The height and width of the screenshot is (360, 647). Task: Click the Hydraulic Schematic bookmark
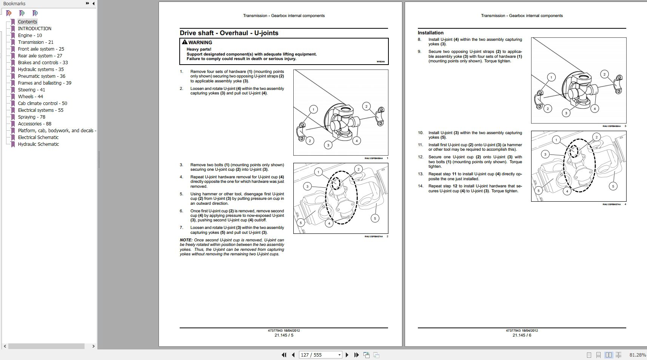click(38, 144)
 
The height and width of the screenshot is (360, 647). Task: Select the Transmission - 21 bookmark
click(35, 42)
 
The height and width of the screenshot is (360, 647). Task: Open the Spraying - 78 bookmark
click(31, 117)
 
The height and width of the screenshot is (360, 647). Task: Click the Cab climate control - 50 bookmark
click(42, 103)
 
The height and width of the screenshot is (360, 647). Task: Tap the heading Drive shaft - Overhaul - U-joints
click(229, 33)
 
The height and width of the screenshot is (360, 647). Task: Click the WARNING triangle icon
click(184, 42)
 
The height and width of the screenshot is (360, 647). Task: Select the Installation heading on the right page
click(430, 33)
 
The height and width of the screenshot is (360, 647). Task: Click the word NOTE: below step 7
click(186, 240)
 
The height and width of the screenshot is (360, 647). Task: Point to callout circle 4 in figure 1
click(356, 141)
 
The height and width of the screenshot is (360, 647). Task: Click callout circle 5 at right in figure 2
click(374, 218)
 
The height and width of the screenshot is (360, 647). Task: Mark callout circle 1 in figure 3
click(551, 77)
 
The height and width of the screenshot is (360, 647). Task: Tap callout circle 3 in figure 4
click(545, 154)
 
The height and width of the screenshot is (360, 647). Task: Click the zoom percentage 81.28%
click(637, 355)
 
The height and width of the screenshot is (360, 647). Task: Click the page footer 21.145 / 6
click(522, 335)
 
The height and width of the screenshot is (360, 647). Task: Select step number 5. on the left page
click(181, 194)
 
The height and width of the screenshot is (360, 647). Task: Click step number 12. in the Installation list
click(421, 157)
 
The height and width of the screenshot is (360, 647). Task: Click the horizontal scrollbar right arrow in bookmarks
click(93, 346)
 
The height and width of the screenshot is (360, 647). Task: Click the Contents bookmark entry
click(28, 22)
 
